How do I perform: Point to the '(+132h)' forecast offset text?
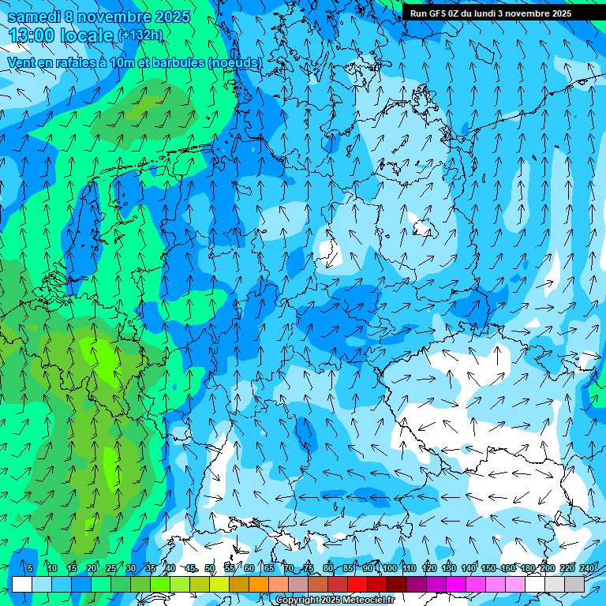pos(140,36)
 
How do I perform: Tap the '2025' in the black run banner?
pos(558,13)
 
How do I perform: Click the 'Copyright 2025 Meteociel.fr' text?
pos(335,600)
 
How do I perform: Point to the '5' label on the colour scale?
pos(30,568)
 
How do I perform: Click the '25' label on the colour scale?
pos(111,568)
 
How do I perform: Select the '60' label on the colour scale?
pos(249,568)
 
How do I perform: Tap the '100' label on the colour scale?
pos(390,568)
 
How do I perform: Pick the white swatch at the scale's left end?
pos(22,585)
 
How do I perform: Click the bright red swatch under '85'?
pos(357,585)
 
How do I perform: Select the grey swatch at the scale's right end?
pos(574,585)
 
